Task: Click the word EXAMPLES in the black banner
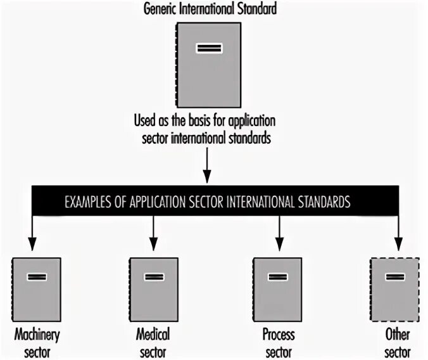(90, 203)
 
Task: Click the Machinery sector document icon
(37, 289)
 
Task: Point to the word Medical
(153, 333)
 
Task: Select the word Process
(279, 333)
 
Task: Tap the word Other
(398, 333)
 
